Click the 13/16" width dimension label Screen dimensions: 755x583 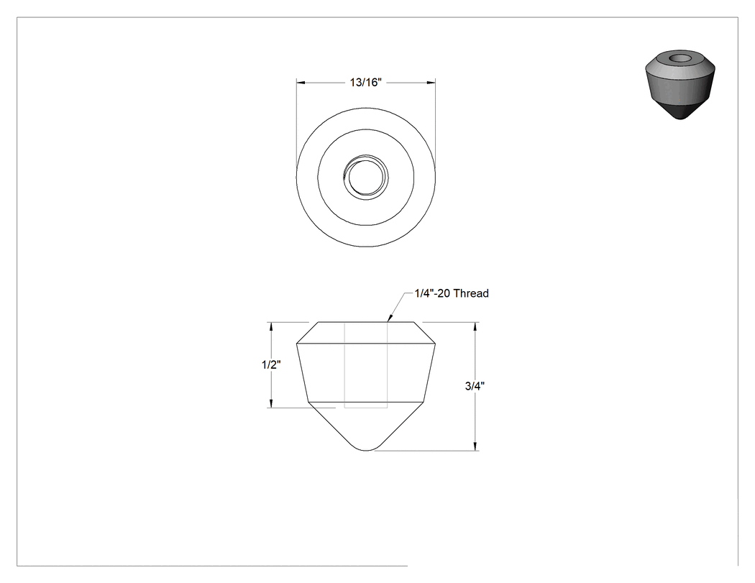tap(365, 83)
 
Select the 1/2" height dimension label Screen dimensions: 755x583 tap(271, 364)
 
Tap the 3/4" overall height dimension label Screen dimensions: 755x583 tap(475, 385)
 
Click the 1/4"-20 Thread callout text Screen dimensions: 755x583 tap(452, 293)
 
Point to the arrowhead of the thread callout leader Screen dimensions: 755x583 tap(390, 318)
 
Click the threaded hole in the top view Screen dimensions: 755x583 tap(366, 177)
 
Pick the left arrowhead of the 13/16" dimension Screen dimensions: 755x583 tap(301, 83)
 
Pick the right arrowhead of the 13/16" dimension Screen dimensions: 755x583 tap(431, 83)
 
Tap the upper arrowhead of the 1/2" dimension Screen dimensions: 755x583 tap(272, 326)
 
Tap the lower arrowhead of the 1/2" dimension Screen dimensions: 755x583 tap(272, 403)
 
